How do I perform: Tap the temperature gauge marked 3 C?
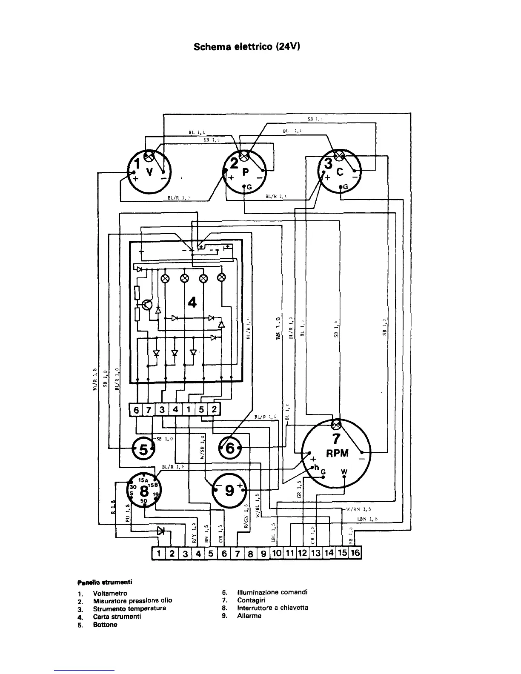pyautogui.click(x=339, y=171)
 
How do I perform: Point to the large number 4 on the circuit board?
pyautogui.click(x=192, y=302)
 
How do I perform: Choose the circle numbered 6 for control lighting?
pyautogui.click(x=229, y=448)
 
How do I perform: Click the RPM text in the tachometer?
pyautogui.click(x=337, y=453)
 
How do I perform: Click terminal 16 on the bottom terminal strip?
pyautogui.click(x=355, y=553)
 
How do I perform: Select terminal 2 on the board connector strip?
pyautogui.click(x=214, y=410)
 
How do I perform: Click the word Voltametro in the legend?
pyautogui.click(x=110, y=593)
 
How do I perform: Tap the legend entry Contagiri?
pyautogui.click(x=251, y=600)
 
